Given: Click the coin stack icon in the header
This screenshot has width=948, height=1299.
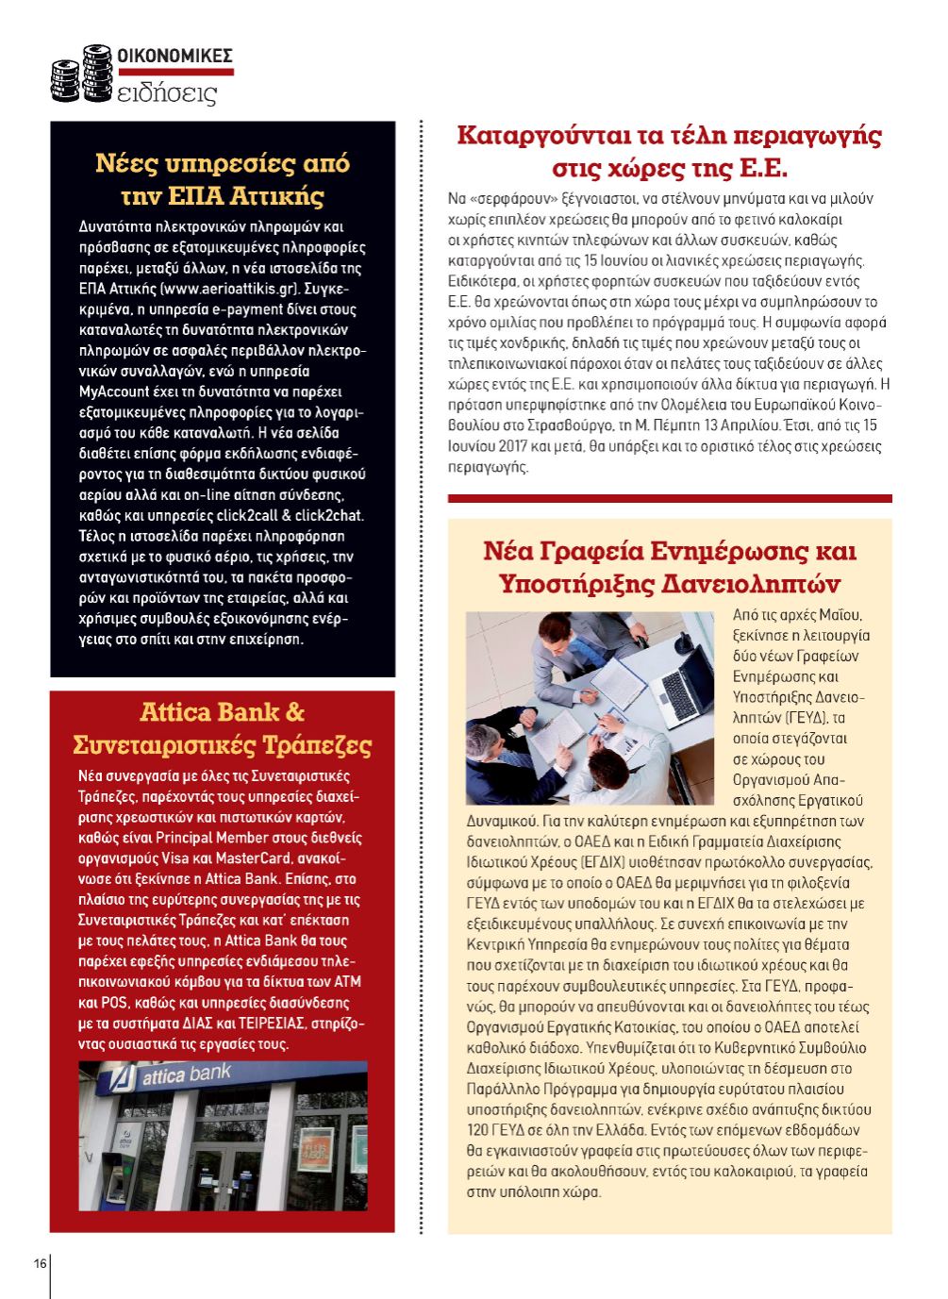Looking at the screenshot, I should point(79,74).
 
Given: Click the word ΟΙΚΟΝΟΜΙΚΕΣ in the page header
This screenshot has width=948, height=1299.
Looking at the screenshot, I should point(174,56).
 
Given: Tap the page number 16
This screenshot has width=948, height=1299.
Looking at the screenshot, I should point(41,1263).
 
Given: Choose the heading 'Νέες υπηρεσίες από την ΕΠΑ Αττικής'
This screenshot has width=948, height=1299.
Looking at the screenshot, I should point(223,179).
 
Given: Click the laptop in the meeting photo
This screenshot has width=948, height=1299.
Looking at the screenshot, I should point(684,688).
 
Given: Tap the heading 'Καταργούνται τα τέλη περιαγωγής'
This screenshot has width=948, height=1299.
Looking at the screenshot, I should point(669,135).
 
